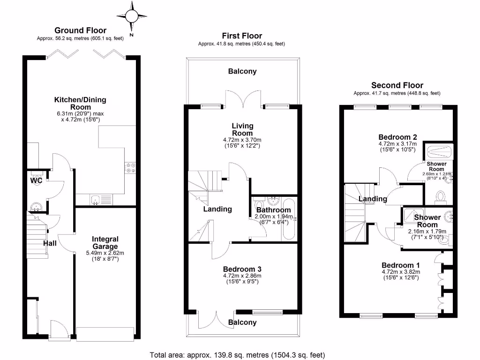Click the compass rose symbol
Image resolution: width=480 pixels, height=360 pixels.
(131, 17)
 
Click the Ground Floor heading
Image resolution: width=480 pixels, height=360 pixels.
(80, 31)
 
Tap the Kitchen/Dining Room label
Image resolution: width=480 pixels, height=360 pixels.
(80, 103)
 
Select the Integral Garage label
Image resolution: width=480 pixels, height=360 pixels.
(105, 242)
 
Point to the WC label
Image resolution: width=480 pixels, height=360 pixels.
(36, 180)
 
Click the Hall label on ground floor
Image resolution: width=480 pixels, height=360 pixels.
(50, 243)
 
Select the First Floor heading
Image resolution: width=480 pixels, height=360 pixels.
(242, 36)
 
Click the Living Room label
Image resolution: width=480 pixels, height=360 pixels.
(242, 129)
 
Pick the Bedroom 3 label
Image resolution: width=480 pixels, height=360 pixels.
(242, 269)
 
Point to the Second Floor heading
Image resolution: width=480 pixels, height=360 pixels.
(397, 85)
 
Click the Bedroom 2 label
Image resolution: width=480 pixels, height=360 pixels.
(398, 137)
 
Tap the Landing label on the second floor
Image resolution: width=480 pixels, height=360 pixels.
(373, 199)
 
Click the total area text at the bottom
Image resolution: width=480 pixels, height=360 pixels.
(237, 355)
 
